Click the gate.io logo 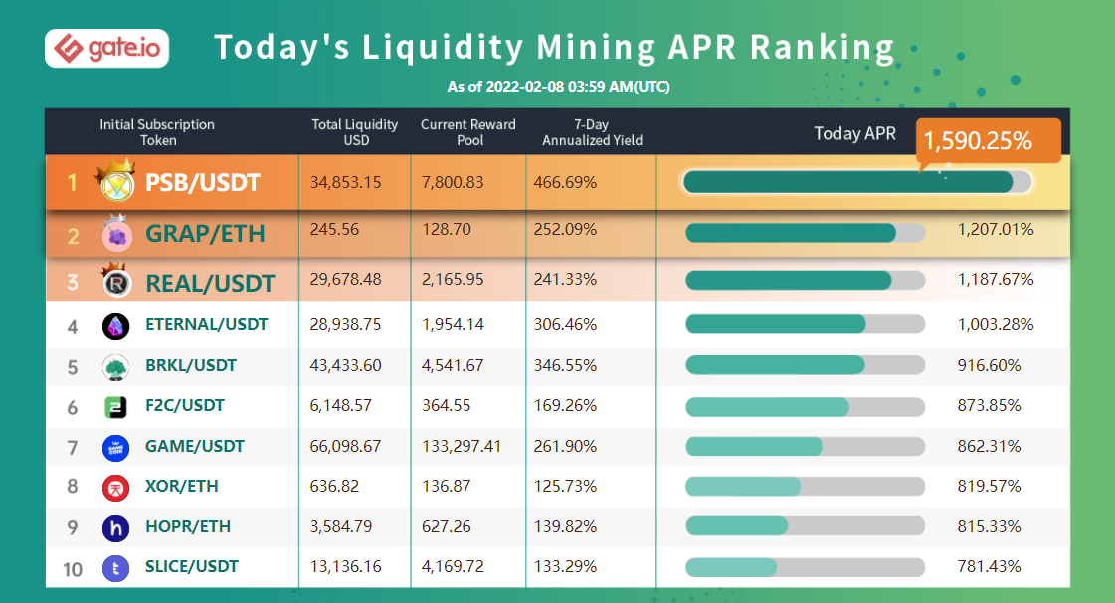coord(106,47)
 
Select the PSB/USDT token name coord(203,182)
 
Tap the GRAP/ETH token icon coord(117,235)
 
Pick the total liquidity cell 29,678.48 coord(345,281)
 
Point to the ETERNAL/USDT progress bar coord(805,324)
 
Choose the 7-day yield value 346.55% coord(566,365)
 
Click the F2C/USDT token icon coord(115,406)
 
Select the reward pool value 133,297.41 coord(466,446)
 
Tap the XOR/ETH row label coord(181,486)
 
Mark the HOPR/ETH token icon coord(115,527)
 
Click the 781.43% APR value coord(989,566)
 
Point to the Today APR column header coord(854,133)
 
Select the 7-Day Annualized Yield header coord(592,132)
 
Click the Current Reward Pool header coord(468,132)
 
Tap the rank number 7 coord(73,447)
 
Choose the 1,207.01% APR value coord(996,230)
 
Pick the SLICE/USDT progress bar coord(805,567)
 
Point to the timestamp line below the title coord(558,87)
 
